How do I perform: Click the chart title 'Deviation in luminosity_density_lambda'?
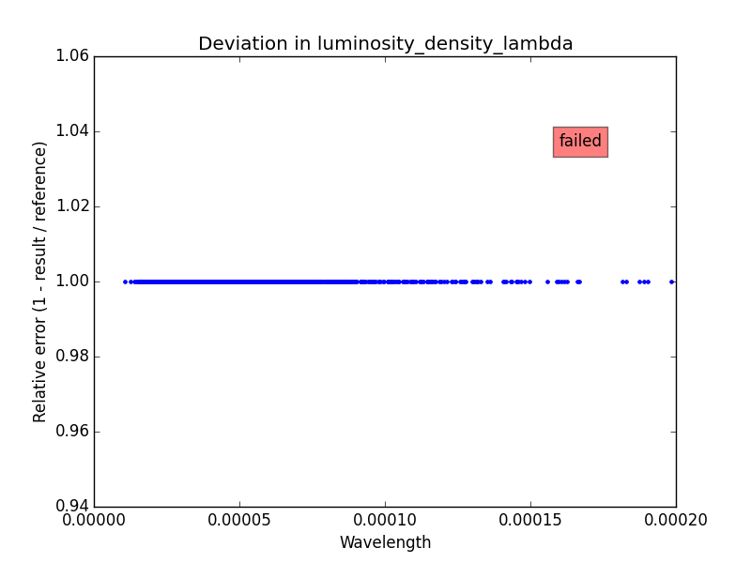click(385, 44)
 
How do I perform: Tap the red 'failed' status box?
click(580, 142)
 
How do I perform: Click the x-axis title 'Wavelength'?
click(385, 542)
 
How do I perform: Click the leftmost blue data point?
click(125, 281)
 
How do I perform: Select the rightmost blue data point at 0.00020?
click(671, 281)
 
